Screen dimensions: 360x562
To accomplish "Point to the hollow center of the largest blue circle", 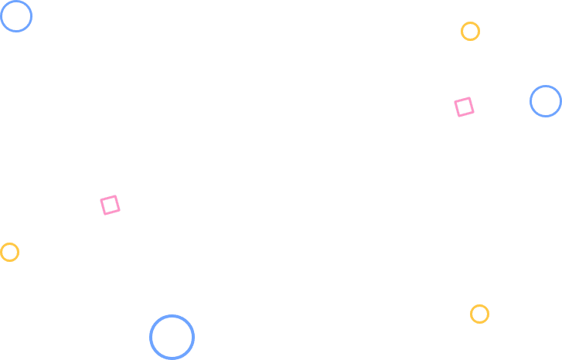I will pyautogui.click(x=172, y=337).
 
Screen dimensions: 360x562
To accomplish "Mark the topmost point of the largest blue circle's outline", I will pyautogui.click(x=172, y=316).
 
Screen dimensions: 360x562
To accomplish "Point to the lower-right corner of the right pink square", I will pyautogui.click(x=472, y=113).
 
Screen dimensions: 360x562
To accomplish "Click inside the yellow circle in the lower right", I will pyautogui.click(x=479, y=314).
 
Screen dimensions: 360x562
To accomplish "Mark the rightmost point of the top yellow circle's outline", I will pyautogui.click(x=479, y=31).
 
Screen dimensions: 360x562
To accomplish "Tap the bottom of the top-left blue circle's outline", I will pyautogui.click(x=15, y=31).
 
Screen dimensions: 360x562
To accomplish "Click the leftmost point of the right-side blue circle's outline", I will pyautogui.click(x=530, y=101).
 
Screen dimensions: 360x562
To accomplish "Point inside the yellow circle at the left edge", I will pyautogui.click(x=9, y=252).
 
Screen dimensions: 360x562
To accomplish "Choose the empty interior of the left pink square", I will pyautogui.click(x=110, y=205).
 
